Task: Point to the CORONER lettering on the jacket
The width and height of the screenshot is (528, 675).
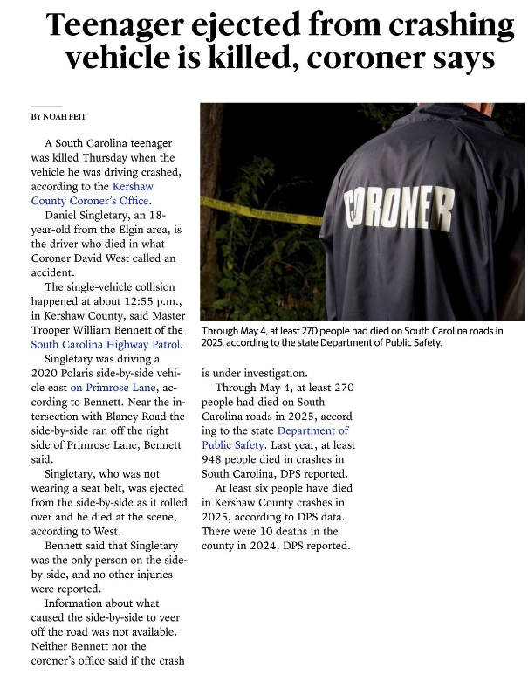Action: click(x=401, y=212)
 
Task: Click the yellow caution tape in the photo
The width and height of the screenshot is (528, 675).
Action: click(x=262, y=211)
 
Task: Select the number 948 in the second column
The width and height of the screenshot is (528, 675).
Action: click(x=215, y=458)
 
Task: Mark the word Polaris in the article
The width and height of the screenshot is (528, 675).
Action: click(x=86, y=373)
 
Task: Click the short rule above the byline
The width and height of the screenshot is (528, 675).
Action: click(x=46, y=107)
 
